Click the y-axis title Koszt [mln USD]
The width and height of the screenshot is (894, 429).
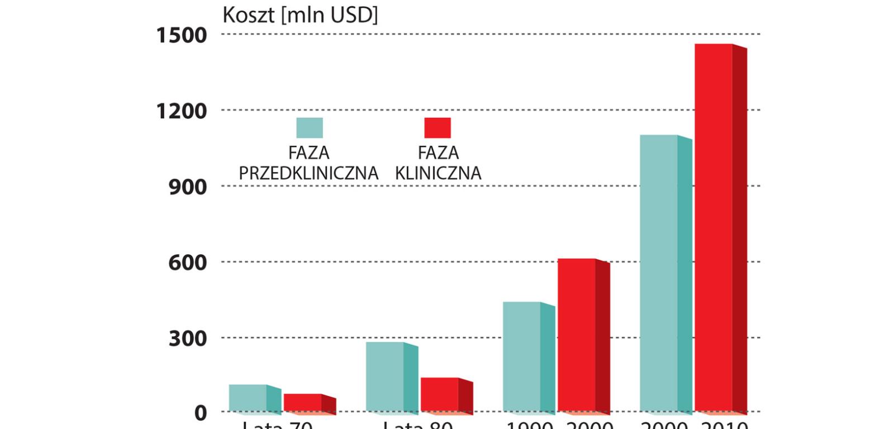(x=300, y=15)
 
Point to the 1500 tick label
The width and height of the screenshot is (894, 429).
(x=182, y=35)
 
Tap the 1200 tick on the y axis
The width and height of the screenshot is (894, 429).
(x=182, y=111)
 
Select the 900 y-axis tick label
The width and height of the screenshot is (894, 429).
(x=188, y=187)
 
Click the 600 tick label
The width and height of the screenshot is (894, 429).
(x=188, y=263)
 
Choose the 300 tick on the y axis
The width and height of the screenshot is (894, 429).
(x=188, y=339)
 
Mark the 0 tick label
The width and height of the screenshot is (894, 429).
(x=201, y=413)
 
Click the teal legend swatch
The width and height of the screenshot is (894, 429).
(x=310, y=128)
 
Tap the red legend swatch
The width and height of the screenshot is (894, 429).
(x=438, y=128)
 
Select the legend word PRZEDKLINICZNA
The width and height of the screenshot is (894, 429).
(x=308, y=173)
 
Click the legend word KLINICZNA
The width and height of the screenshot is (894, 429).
(x=438, y=173)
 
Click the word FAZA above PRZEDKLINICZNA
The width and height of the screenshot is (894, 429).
(x=308, y=152)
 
